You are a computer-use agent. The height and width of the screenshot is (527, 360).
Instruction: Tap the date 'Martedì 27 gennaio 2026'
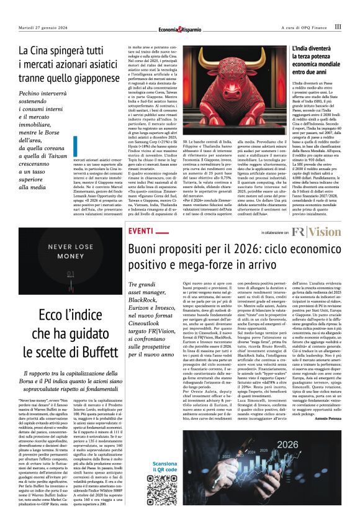point(42,27)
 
